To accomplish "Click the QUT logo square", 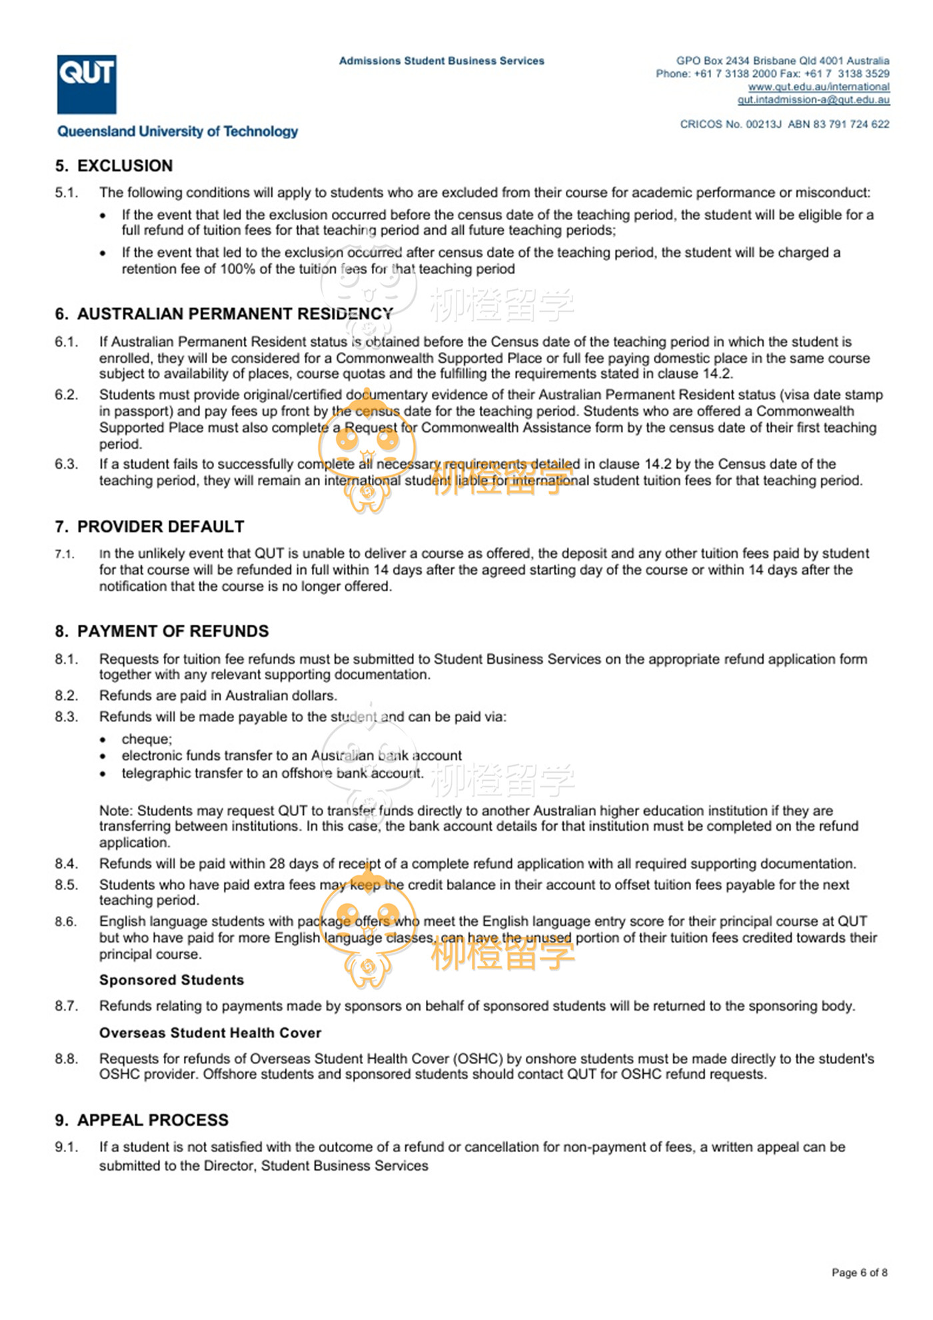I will pos(87,84).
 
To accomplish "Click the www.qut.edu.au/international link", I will pos(818,87).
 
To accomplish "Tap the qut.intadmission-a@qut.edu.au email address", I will pos(813,100).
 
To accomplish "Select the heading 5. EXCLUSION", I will pos(114,165).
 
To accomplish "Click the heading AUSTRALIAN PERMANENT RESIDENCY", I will pos(235,313).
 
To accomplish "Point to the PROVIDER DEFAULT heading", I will pos(161,527).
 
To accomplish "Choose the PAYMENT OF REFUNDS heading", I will pos(173,631).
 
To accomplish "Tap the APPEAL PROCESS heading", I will pos(153,1120).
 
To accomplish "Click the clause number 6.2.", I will pos(67,395).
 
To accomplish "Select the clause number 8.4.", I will pos(67,863).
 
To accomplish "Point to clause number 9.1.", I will pos(67,1147).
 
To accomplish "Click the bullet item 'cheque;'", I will pos(147,739).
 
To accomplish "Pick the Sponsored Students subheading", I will pos(171,980).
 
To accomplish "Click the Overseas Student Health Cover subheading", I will pos(210,1033).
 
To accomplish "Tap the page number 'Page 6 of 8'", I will pos(859,1273).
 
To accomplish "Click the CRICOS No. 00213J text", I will pos(730,124).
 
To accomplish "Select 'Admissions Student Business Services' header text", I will pos(441,61).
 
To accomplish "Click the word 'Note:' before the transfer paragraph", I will pos(116,811).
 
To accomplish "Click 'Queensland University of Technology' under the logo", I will pos(177,131).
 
